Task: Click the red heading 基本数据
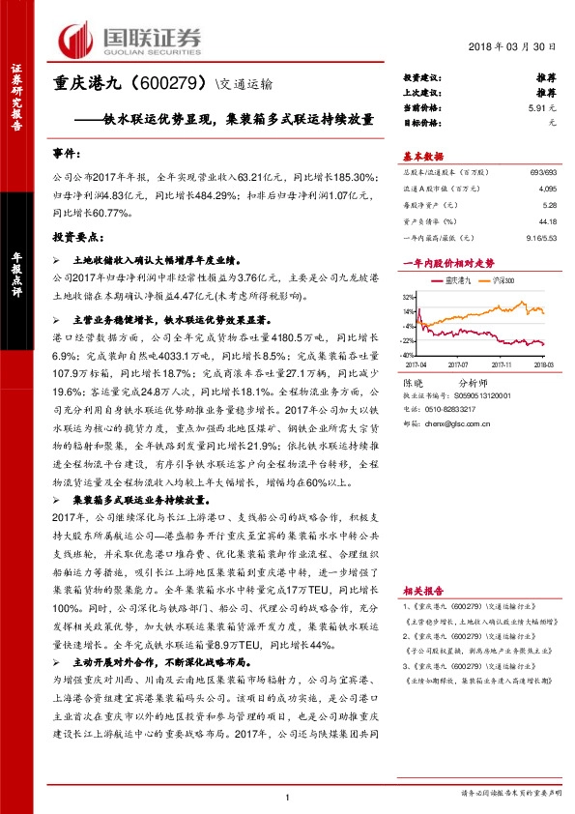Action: click(422, 157)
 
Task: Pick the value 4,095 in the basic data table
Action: click(548, 189)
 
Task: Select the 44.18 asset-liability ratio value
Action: click(548, 221)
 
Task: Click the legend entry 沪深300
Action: click(503, 280)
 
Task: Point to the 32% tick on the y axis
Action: click(409, 296)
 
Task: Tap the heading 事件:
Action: click(68, 155)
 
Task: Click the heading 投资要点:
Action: click(75, 236)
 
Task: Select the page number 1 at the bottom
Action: click(288, 797)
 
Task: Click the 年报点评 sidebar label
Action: click(16, 279)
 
